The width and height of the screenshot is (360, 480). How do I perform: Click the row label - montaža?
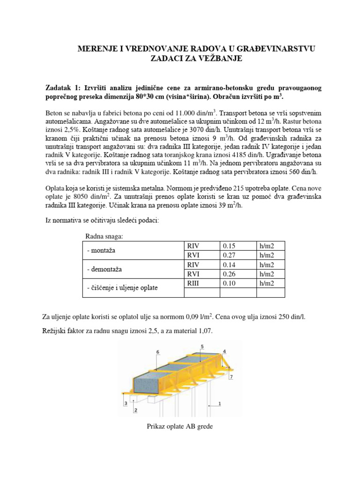[103, 250]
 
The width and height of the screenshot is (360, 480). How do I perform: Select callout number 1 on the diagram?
[219, 403]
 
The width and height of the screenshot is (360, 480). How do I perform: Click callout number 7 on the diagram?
[231, 376]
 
